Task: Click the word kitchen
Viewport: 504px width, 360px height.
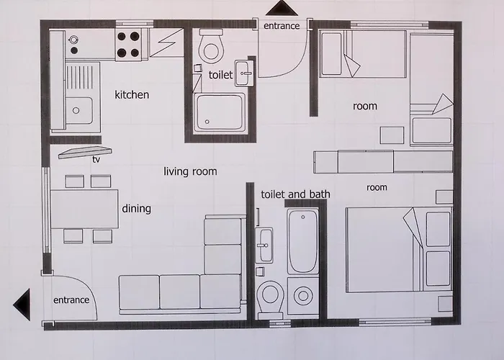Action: click(x=132, y=95)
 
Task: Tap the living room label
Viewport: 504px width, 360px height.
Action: click(x=190, y=171)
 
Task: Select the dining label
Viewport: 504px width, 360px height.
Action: click(x=136, y=209)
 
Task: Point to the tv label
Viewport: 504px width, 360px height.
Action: click(x=96, y=159)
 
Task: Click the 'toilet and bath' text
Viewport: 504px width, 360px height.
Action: click(x=295, y=194)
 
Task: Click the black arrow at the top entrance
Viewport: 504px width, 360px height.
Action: click(x=282, y=8)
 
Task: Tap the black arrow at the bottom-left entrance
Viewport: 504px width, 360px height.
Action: click(x=22, y=305)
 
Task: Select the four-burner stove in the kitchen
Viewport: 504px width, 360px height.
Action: click(x=128, y=45)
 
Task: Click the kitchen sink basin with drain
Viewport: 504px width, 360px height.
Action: click(x=79, y=110)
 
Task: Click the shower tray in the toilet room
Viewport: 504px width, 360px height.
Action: click(x=220, y=112)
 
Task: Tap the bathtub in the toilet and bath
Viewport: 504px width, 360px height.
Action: click(x=302, y=241)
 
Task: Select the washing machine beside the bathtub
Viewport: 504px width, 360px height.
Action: click(x=303, y=296)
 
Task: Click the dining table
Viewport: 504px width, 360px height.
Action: click(x=84, y=210)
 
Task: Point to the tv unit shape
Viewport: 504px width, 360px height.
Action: click(x=85, y=153)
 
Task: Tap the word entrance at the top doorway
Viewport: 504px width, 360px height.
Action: click(x=282, y=26)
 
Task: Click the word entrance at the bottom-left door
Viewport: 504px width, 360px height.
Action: click(x=71, y=300)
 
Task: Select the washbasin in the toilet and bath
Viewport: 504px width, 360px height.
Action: click(x=264, y=246)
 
